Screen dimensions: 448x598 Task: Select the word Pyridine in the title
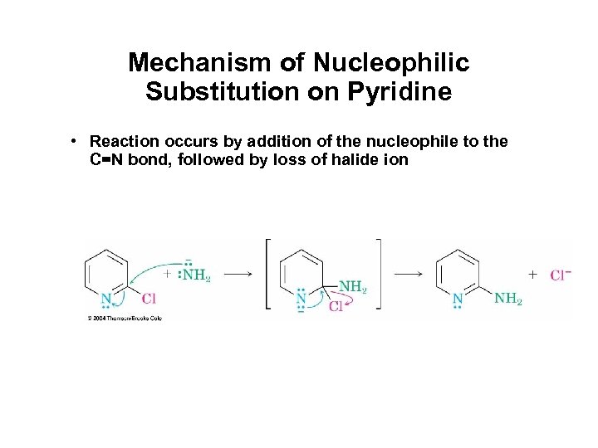(x=406, y=90)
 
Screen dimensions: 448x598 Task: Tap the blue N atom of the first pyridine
(x=106, y=299)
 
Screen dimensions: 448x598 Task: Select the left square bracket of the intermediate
(x=268, y=275)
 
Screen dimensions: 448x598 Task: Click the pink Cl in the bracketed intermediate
(x=336, y=307)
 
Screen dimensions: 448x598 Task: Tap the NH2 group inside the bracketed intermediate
(x=352, y=287)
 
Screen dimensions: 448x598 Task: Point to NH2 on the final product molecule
(x=507, y=298)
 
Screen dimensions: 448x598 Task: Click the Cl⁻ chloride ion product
(x=561, y=275)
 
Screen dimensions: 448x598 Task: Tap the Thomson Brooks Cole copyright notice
(x=124, y=318)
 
